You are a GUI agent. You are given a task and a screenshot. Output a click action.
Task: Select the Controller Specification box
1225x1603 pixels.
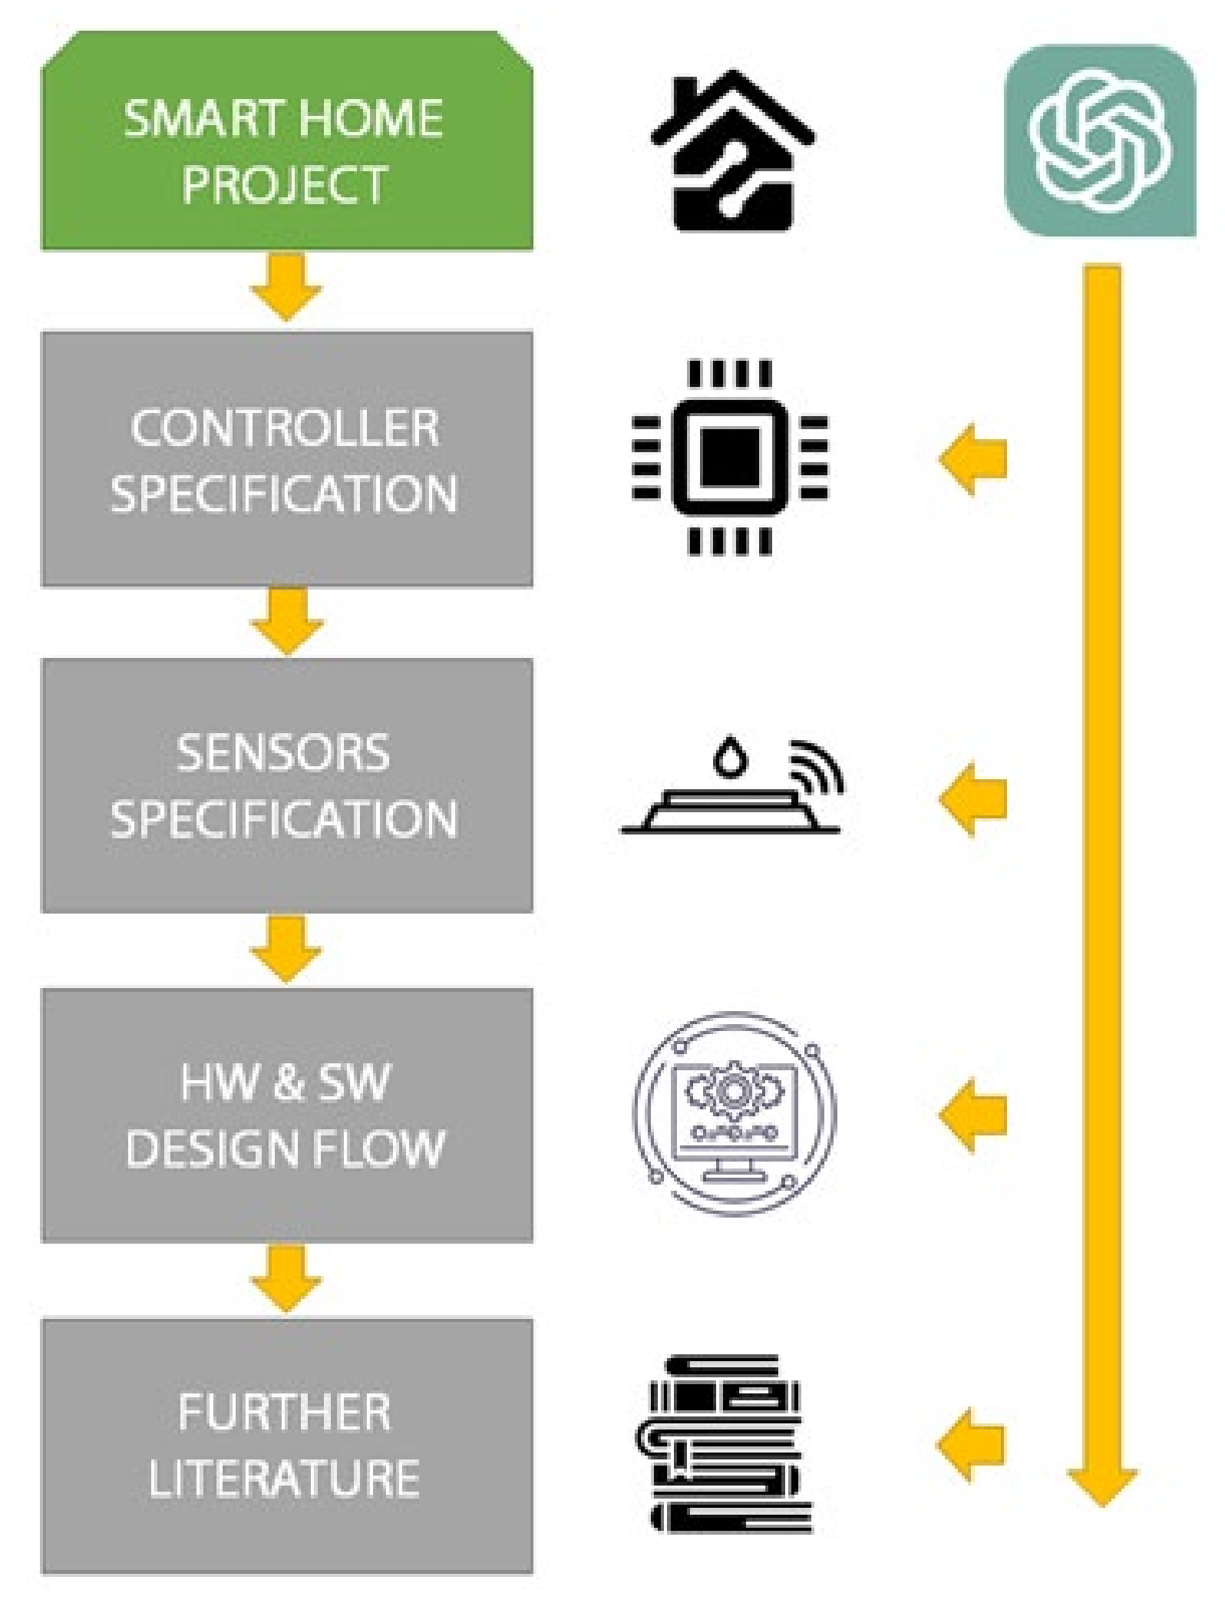(286, 459)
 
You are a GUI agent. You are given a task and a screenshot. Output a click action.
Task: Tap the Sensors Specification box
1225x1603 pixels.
(286, 785)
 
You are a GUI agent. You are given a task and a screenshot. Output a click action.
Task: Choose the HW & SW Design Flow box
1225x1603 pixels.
(286, 1115)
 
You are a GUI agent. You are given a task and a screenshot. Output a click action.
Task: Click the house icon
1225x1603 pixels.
(733, 150)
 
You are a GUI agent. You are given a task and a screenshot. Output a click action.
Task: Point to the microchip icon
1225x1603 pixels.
(730, 458)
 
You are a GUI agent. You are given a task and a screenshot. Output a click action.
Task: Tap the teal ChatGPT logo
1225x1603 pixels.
(1100, 140)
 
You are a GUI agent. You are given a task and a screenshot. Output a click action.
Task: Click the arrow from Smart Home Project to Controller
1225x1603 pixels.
(286, 286)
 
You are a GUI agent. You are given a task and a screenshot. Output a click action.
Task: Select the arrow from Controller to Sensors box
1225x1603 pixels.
(286, 619)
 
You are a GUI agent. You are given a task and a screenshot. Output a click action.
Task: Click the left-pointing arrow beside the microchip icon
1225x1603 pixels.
(972, 459)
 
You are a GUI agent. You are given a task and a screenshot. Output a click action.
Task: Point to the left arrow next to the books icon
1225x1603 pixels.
(972, 1444)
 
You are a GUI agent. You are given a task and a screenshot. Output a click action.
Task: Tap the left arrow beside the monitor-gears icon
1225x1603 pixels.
(972, 1115)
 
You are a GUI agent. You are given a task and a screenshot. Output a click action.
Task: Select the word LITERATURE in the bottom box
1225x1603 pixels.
(285, 1478)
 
